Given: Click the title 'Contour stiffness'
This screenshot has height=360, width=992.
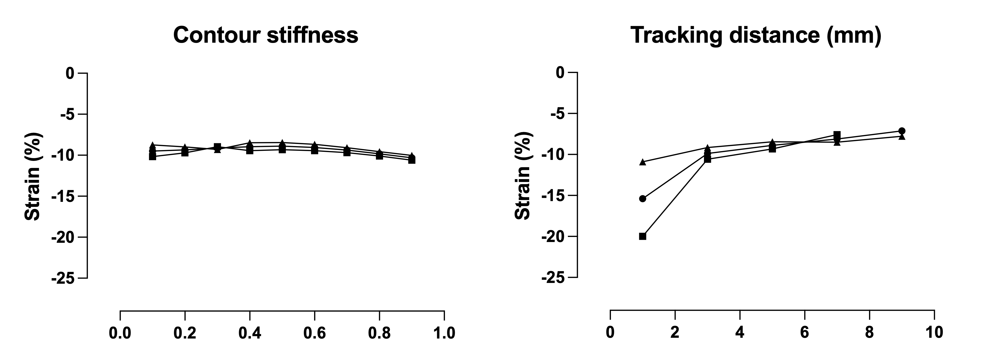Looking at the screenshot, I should [266, 35].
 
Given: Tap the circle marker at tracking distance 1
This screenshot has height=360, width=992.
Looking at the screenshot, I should [642, 199].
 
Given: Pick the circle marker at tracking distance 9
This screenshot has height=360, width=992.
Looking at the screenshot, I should [902, 131].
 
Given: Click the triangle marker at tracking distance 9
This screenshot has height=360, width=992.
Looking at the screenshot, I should [902, 136].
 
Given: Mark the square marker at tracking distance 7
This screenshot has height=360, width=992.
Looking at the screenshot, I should [837, 134].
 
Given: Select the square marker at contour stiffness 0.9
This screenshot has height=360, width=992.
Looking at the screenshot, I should [412, 160].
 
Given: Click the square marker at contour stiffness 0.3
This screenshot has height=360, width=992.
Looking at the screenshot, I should [217, 147].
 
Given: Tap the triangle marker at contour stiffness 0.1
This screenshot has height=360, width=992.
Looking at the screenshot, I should [153, 145].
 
